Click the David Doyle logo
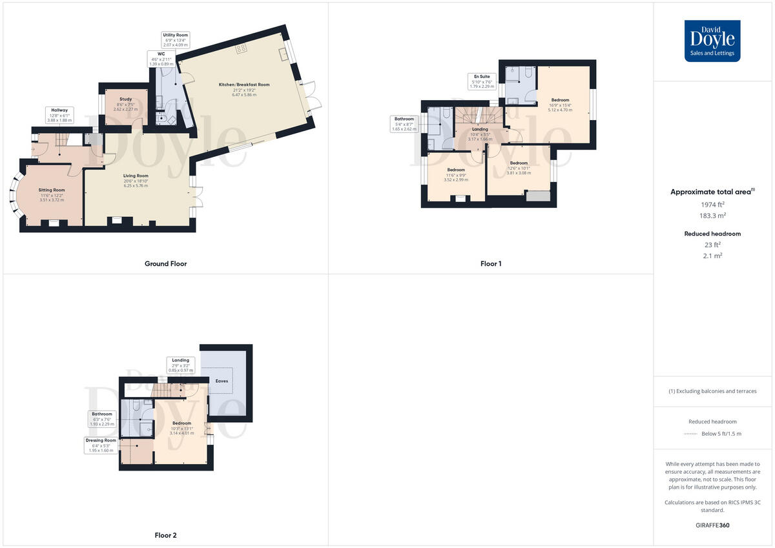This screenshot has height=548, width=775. pos(712,41)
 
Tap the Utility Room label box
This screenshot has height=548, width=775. pos(176,39)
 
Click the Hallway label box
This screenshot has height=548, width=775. pos(60,115)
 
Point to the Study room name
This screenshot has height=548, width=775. pos(125,99)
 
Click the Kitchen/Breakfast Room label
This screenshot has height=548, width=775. pos(244,85)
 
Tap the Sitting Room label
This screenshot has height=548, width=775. pos(52,190)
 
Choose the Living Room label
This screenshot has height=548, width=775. pos(136,176)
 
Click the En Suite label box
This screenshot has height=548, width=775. pos(481,81)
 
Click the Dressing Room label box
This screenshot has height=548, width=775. pos(101,445)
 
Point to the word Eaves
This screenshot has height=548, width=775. pos(222,381)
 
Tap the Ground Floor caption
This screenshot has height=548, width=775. pos(166,263)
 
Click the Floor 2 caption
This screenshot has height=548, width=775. pos(165,535)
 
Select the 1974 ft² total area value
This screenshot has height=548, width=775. pos(712,205)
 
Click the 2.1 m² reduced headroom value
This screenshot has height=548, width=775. pos(712,256)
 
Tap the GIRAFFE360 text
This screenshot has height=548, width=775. pos(712,525)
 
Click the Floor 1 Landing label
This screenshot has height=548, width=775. pos(480,129)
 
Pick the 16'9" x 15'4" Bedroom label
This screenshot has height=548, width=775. pos(560,100)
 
